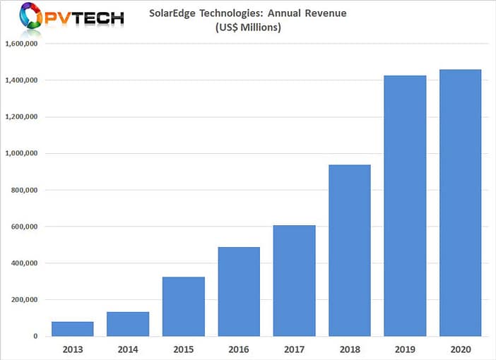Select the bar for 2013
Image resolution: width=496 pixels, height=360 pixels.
pyautogui.click(x=73, y=329)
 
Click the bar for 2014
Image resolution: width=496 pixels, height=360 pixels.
pyautogui.click(x=128, y=324)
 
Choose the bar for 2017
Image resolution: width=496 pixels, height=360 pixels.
pyautogui.click(x=294, y=281)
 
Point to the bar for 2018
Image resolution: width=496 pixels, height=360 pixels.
pyautogui.click(x=350, y=251)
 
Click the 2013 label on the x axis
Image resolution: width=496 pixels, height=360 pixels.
pyautogui.click(x=73, y=348)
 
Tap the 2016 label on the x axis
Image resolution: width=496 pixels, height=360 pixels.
pyautogui.click(x=239, y=348)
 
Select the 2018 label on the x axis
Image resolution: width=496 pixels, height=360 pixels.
pyautogui.click(x=350, y=348)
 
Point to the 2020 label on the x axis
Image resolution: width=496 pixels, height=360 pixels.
pyautogui.click(x=460, y=348)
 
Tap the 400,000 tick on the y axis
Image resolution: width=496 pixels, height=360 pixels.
pyautogui.click(x=23, y=263)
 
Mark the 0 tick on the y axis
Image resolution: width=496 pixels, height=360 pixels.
pyautogui.click(x=35, y=337)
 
